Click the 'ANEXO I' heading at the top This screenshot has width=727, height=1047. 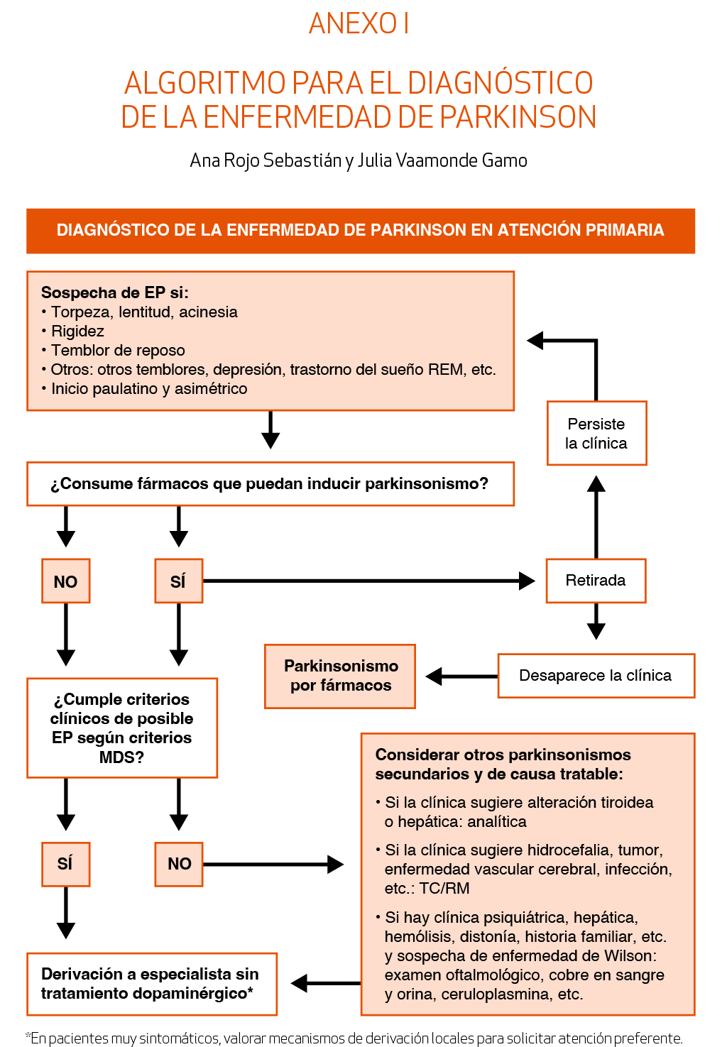tap(359, 23)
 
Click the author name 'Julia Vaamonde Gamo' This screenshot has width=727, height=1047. tap(442, 160)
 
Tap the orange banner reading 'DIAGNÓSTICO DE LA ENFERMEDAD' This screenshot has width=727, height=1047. tap(361, 231)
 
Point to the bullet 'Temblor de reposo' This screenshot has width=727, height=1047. tap(118, 350)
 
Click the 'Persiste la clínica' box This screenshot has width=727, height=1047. tap(596, 433)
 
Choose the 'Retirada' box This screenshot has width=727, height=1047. tap(596, 581)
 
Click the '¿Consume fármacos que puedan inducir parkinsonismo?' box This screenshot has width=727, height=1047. tap(270, 484)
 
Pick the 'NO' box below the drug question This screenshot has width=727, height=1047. tap(65, 581)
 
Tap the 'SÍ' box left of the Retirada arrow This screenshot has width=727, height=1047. tap(178, 581)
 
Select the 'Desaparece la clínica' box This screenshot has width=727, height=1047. tap(596, 676)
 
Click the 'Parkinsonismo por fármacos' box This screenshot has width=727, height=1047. tap(340, 676)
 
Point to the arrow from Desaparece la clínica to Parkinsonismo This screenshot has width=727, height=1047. tap(461, 676)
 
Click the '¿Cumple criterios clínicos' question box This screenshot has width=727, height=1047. tap(122, 728)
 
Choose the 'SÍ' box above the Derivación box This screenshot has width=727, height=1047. tap(65, 864)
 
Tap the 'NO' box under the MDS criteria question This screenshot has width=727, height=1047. tap(179, 864)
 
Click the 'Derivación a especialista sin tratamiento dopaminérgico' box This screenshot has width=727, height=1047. tap(151, 984)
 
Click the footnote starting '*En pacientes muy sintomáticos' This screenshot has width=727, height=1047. tap(354, 1038)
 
